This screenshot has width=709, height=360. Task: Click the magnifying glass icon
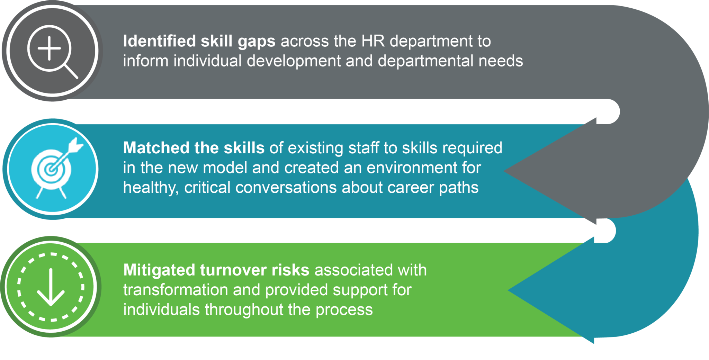(x=52, y=51)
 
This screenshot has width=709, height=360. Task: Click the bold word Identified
(x=160, y=41)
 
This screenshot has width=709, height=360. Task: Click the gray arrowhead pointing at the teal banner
(x=547, y=171)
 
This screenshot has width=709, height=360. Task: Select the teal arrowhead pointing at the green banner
(x=550, y=290)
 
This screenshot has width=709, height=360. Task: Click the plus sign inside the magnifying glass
(x=49, y=48)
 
